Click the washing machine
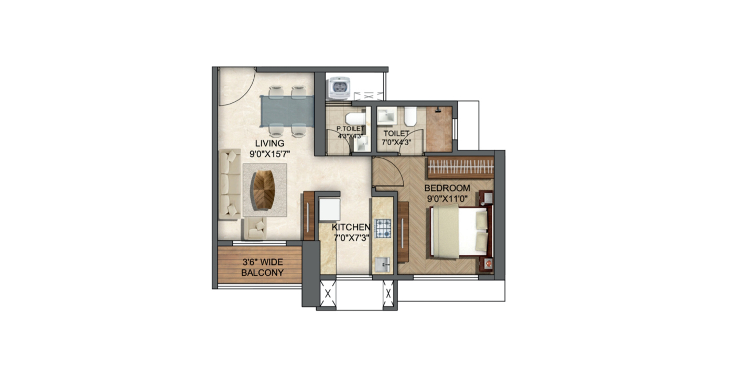point(339,88)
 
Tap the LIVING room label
point(269,143)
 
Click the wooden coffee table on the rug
point(265,190)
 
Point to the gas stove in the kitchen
point(383,228)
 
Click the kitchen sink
point(382,264)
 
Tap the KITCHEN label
point(351,228)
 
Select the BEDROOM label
point(447,188)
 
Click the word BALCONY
point(262,273)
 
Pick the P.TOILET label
point(350,129)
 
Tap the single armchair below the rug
point(256,229)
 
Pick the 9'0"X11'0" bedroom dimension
point(447,199)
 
